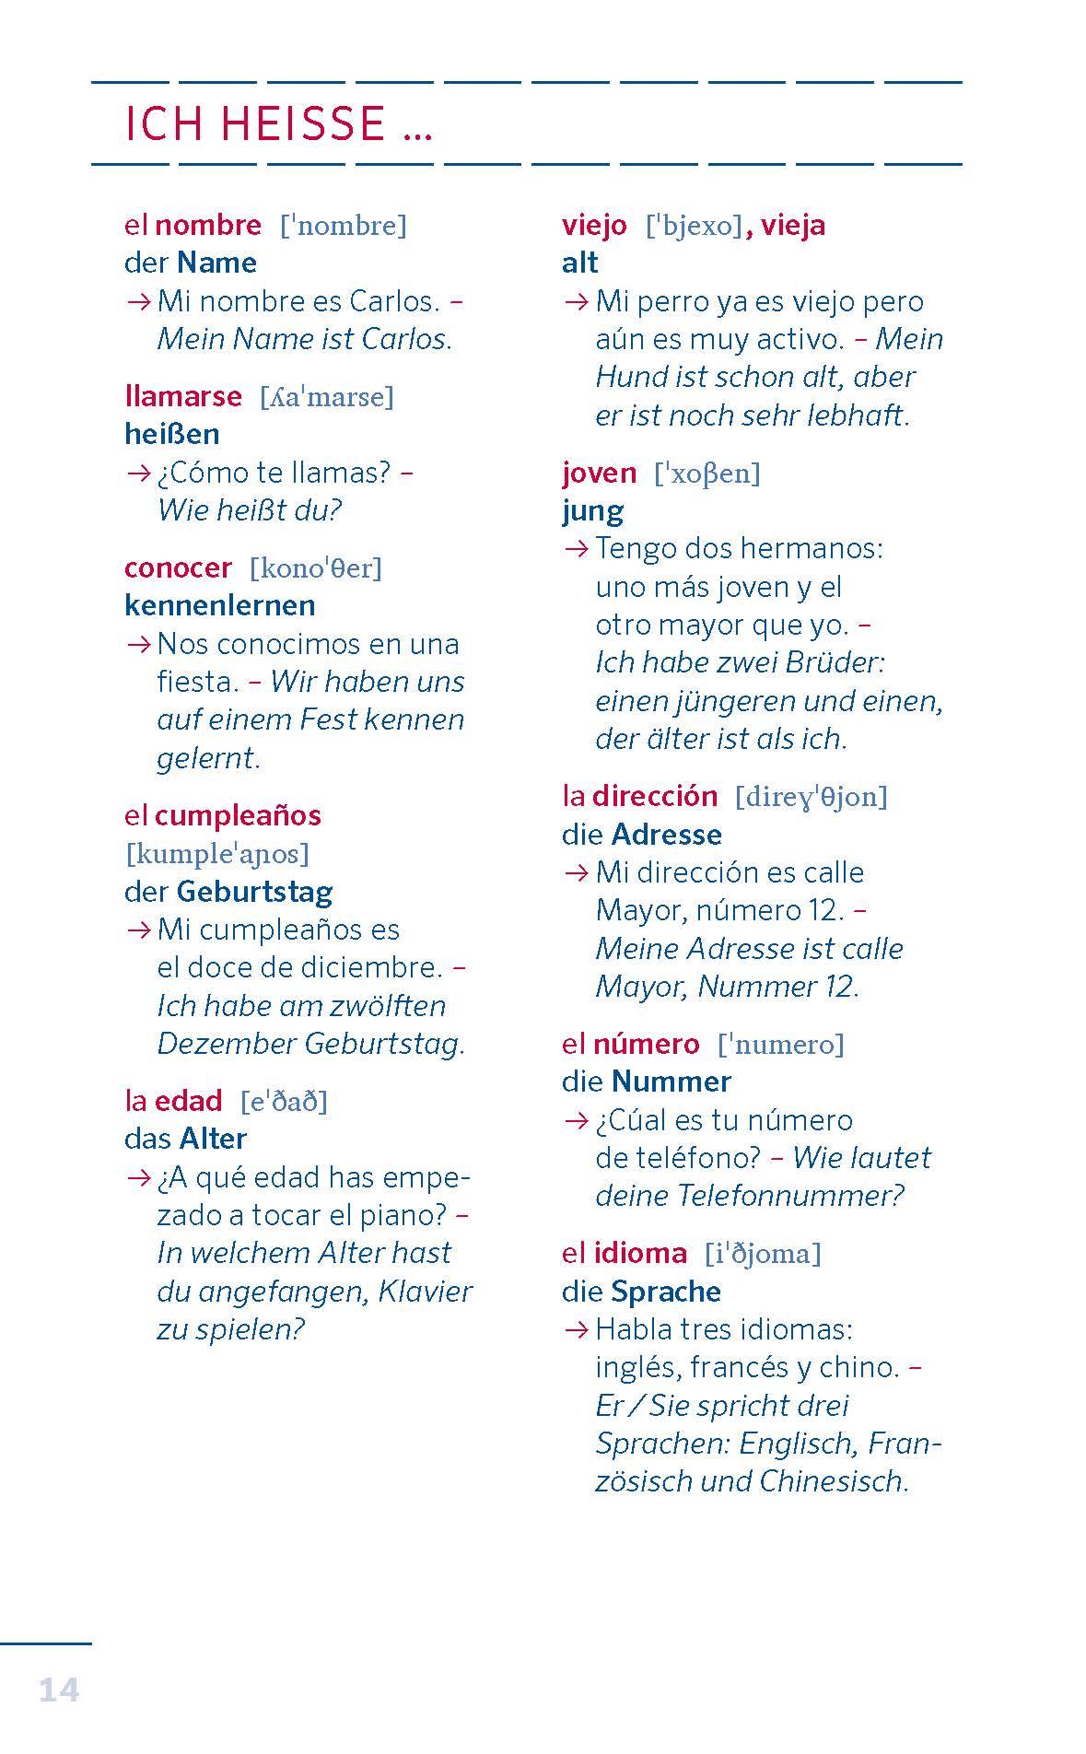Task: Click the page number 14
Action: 59,1690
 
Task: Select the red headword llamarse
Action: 182,396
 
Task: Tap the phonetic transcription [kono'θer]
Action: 315,567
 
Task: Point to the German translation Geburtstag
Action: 254,892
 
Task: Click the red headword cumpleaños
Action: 238,815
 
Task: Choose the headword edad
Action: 188,1101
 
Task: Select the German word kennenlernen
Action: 219,605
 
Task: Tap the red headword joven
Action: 599,473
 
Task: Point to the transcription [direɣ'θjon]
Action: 811,796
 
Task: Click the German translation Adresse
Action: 666,835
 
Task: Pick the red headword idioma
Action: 640,1253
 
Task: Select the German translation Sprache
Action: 665,1292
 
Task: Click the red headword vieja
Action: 792,225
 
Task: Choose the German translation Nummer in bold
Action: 671,1082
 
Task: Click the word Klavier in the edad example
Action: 425,1292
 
